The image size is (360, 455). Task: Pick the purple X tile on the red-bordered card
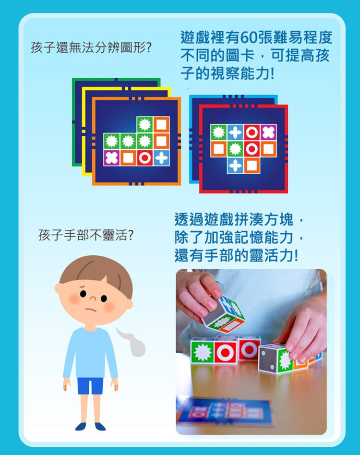click(269, 132)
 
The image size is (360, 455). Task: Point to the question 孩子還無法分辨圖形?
click(91, 48)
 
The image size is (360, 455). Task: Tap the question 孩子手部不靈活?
click(86, 235)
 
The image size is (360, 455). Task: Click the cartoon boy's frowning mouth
click(91, 309)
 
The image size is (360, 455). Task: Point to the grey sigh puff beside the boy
click(133, 342)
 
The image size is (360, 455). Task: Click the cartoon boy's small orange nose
click(93, 299)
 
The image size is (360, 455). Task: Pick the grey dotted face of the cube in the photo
click(267, 359)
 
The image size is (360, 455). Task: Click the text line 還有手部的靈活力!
click(236, 255)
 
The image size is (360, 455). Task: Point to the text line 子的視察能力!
click(228, 73)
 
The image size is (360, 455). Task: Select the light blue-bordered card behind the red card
click(194, 139)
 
